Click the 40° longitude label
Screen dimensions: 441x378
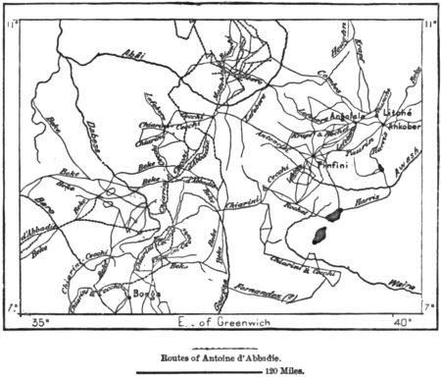pyautogui.click(x=400, y=321)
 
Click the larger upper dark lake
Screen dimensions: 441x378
pyautogui.click(x=334, y=213)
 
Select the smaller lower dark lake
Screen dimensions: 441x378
pyautogui.click(x=319, y=236)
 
